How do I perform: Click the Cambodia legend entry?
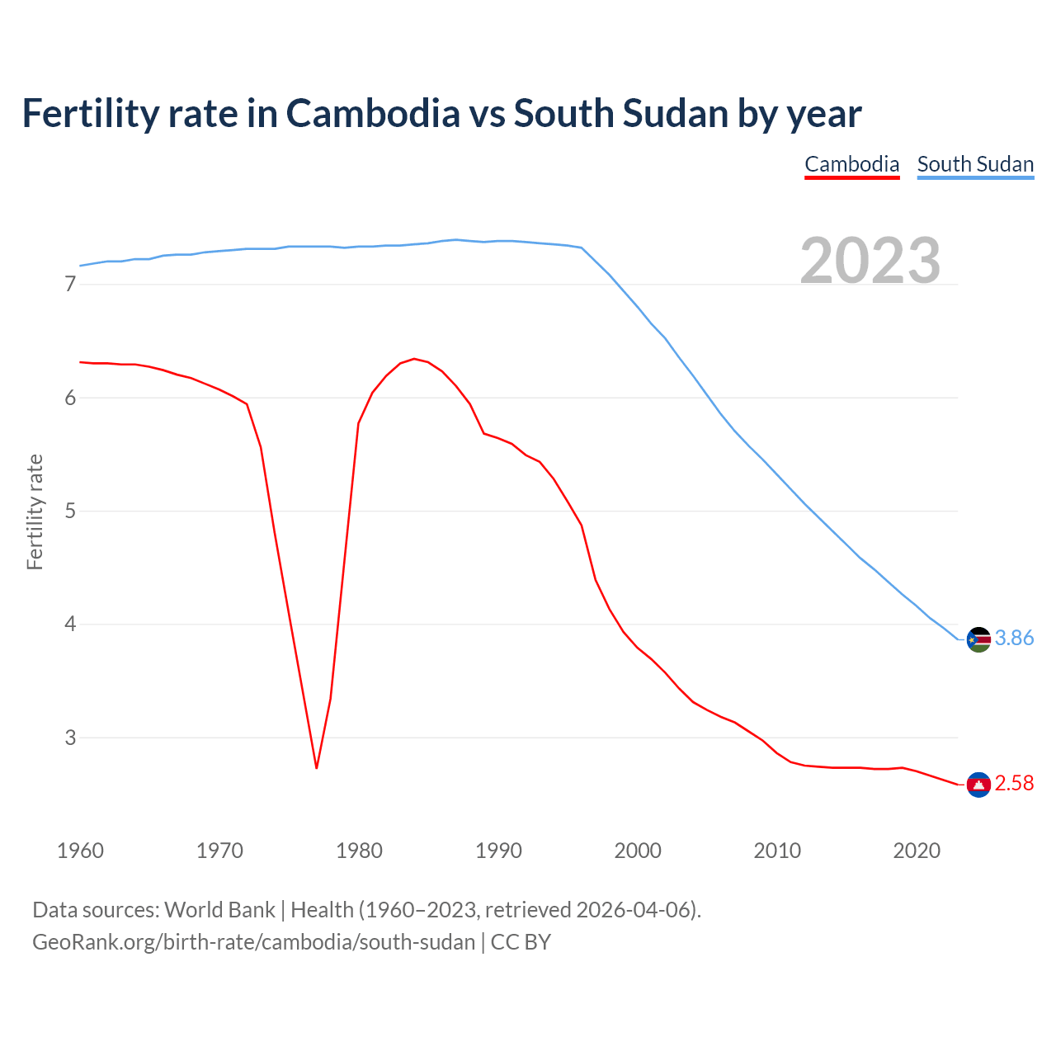click(851, 164)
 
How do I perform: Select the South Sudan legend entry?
click(975, 164)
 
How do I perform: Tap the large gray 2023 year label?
click(870, 261)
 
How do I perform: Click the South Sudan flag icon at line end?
click(978, 639)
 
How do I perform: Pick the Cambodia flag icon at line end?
click(978, 785)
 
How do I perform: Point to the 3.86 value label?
click(1014, 639)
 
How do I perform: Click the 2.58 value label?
click(1014, 784)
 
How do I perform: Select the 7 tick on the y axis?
click(70, 285)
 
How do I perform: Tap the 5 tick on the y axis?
click(70, 511)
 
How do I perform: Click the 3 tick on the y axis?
click(70, 738)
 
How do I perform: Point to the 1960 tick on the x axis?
click(80, 851)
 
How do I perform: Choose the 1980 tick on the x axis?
click(359, 851)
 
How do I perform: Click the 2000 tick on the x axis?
click(638, 851)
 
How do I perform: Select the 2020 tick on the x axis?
click(917, 851)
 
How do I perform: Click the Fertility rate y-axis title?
click(35, 511)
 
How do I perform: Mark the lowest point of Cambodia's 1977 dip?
click(316, 768)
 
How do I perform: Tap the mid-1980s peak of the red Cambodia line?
click(414, 359)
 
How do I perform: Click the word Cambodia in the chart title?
click(373, 113)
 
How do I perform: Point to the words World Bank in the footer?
click(219, 910)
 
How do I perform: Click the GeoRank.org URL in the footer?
click(253, 942)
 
